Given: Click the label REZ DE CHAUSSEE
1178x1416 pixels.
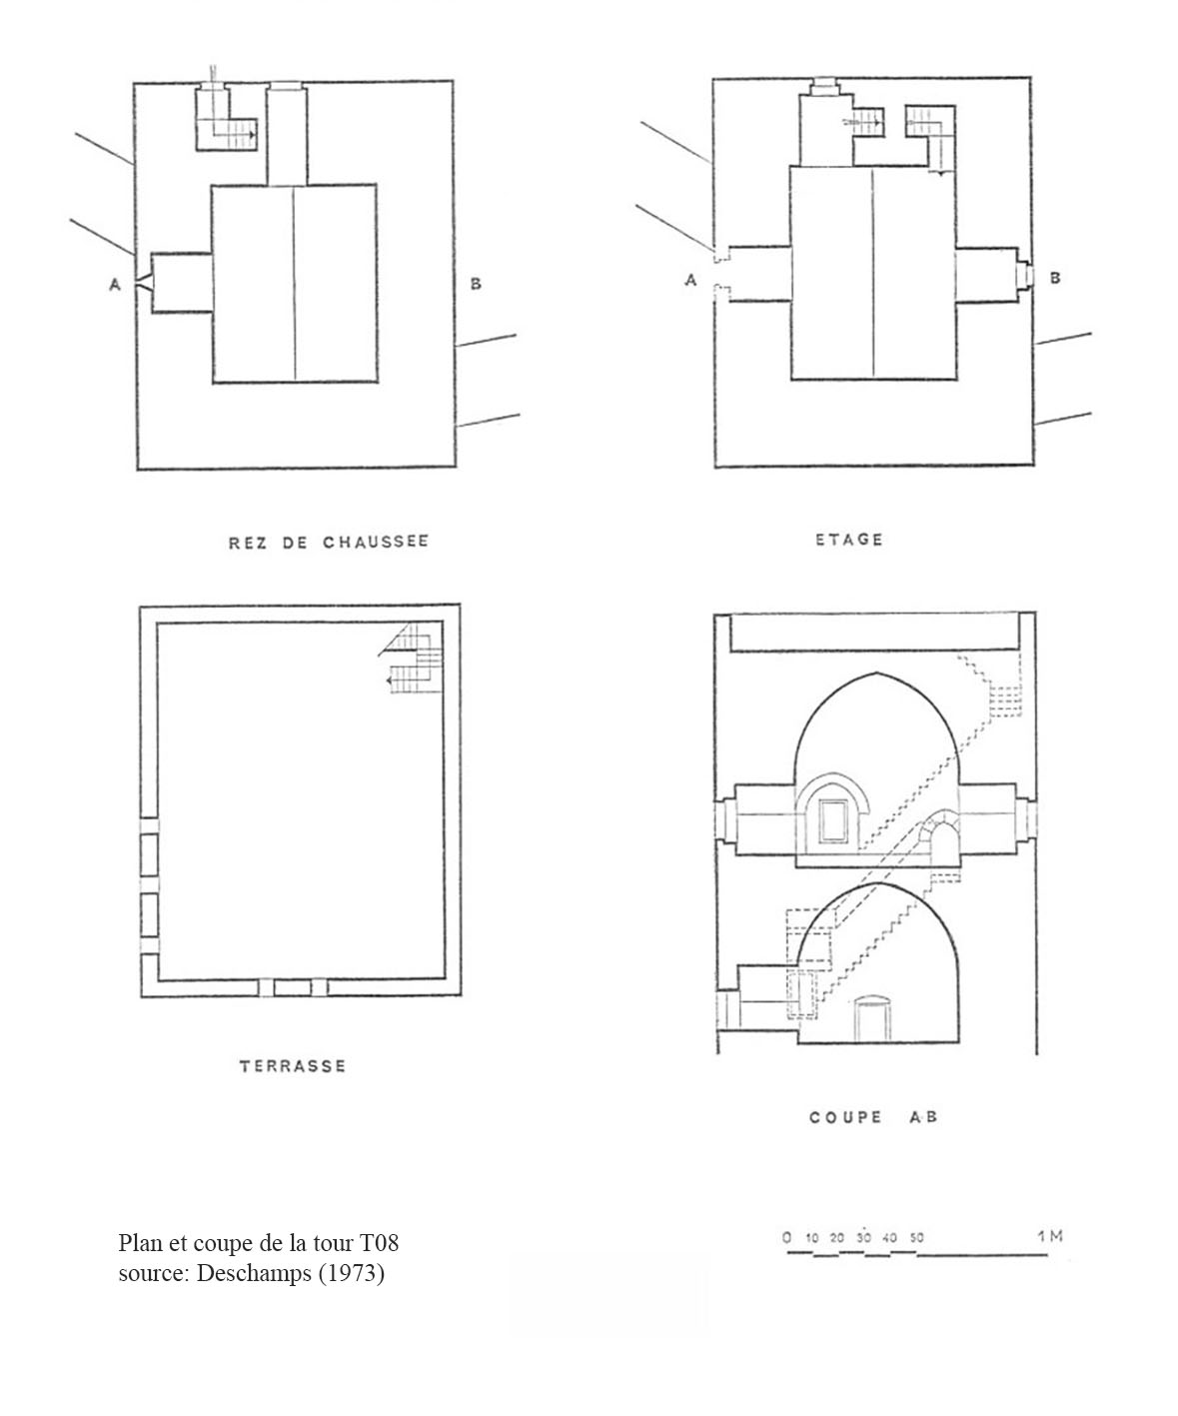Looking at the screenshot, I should [x=329, y=543].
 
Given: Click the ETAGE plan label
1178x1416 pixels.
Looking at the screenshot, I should [x=849, y=540].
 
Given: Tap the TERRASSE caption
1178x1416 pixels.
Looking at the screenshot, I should [x=293, y=1066].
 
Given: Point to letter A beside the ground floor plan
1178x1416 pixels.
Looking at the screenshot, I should [x=115, y=285].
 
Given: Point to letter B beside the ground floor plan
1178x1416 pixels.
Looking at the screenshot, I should [x=476, y=284].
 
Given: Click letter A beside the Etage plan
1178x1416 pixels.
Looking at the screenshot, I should [x=690, y=281].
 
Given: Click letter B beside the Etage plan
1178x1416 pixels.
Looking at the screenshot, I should [x=1055, y=278].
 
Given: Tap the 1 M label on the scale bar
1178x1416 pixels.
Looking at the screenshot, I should [x=1049, y=1236].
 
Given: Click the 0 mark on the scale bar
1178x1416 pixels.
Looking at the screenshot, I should [x=787, y=1237].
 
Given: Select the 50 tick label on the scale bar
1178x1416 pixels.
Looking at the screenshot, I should [x=916, y=1237].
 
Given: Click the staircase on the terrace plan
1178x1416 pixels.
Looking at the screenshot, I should [x=414, y=659].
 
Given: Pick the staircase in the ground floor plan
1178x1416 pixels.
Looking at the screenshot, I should [x=229, y=122].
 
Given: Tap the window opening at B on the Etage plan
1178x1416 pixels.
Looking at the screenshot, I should [x=1026, y=273].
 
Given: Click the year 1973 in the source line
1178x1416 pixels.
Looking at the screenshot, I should [x=351, y=1274].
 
